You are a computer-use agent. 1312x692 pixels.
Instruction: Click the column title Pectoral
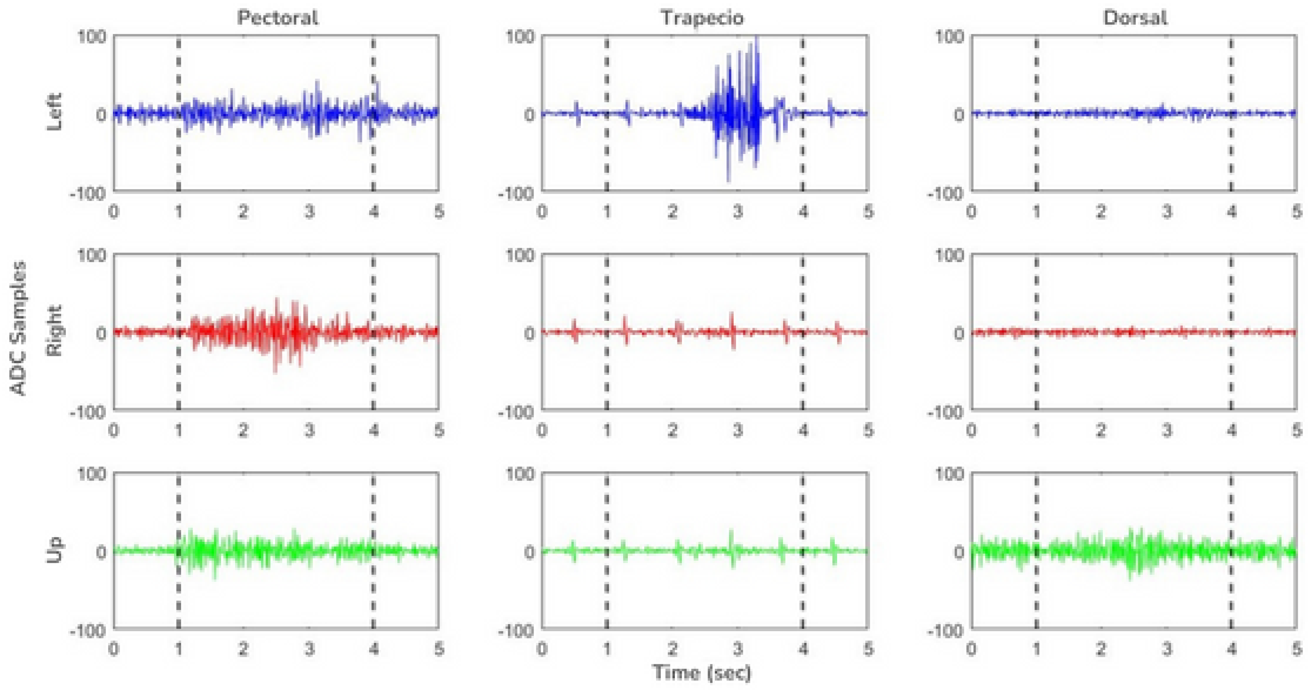click(278, 18)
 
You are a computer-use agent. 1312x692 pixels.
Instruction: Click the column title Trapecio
click(702, 18)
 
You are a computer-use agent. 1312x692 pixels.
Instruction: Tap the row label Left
click(54, 112)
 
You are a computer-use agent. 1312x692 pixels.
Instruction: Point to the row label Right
click(54, 331)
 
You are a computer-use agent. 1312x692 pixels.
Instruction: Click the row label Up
click(54, 550)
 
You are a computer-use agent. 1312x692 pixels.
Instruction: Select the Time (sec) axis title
click(702, 673)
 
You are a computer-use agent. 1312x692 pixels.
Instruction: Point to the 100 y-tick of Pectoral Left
click(92, 36)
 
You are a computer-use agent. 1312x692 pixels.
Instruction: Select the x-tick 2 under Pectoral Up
click(243, 649)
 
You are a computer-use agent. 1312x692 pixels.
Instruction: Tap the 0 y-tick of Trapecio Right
click(530, 333)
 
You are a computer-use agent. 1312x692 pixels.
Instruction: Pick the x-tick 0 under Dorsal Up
click(972, 649)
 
